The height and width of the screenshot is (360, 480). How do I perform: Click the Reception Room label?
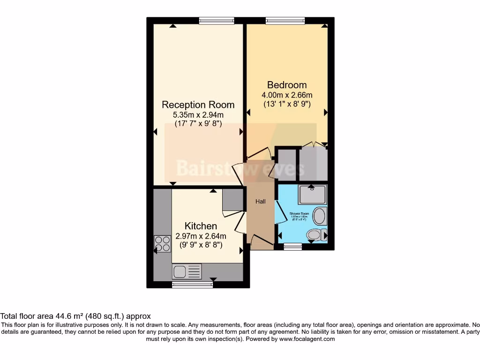tap(198, 105)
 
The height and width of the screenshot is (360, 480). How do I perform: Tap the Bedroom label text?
tap(287, 85)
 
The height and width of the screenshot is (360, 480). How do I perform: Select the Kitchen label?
tap(201, 226)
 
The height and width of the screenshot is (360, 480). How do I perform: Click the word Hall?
tap(261, 202)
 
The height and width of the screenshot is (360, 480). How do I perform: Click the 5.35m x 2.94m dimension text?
tap(198, 115)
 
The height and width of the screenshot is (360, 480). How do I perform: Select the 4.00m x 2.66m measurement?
tap(287, 95)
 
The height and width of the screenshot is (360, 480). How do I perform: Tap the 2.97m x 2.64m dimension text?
tap(201, 236)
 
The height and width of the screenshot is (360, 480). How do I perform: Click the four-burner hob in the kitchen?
tap(163, 243)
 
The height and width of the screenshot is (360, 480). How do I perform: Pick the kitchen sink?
tap(187, 271)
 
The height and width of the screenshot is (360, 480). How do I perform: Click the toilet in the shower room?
tap(314, 234)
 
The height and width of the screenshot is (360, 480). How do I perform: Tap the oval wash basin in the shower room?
tap(320, 217)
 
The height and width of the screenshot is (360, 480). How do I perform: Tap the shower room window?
tap(293, 247)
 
